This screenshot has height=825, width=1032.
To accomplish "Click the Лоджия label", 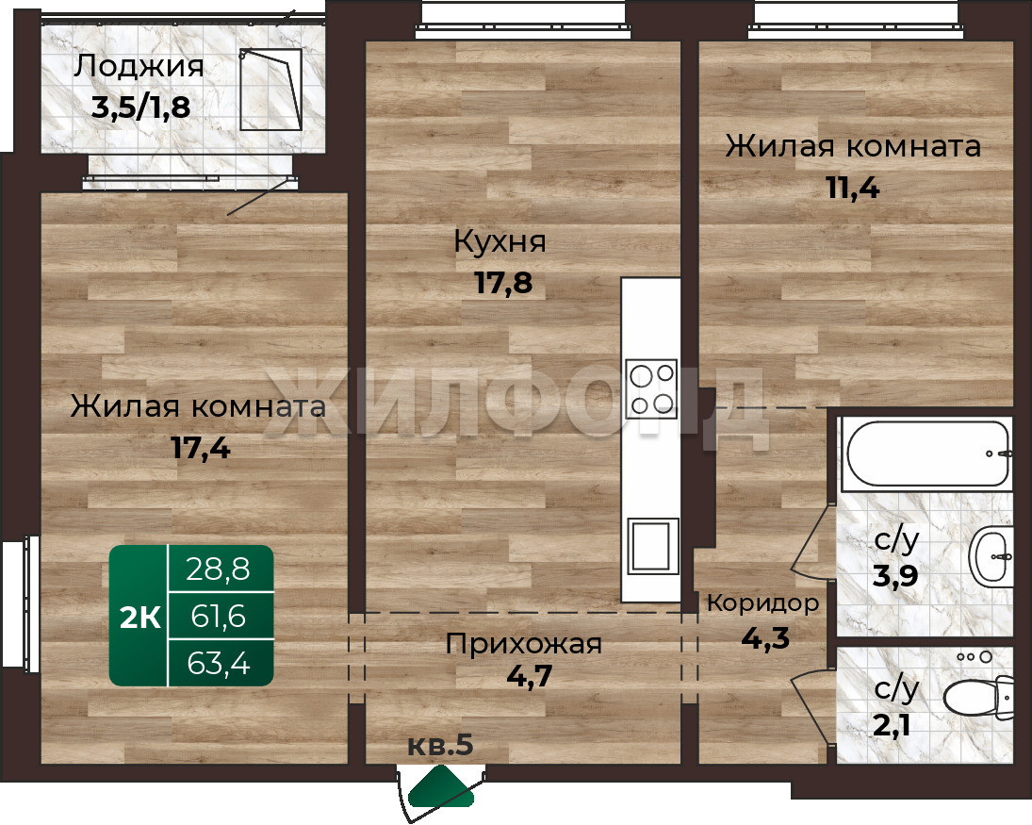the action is tap(139, 68).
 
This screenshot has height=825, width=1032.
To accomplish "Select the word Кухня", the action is tap(500, 243).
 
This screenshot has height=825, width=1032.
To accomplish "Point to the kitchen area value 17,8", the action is tap(503, 283).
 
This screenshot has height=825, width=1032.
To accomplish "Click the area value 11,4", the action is tap(853, 189).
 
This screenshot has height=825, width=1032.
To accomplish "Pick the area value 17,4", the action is tap(201, 449).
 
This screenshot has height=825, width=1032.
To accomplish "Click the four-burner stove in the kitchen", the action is tap(651, 388).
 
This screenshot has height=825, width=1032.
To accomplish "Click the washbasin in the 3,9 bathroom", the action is tap(991, 557).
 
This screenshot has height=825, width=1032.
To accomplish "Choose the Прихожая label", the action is tap(524, 643).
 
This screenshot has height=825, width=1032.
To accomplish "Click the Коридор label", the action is tap(763, 603).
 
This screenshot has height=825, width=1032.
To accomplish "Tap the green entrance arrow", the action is tap(441, 786).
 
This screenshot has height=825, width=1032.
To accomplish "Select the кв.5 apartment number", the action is tap(440, 746).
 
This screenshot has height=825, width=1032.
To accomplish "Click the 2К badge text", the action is tap(140, 619).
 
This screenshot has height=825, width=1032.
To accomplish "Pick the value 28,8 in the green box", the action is tap(219, 569).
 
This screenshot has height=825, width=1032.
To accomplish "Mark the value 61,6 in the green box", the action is tap(219, 617).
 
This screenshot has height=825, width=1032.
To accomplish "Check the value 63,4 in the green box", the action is tap(219, 663).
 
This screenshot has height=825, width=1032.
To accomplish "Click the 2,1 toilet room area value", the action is tap(892, 726).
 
